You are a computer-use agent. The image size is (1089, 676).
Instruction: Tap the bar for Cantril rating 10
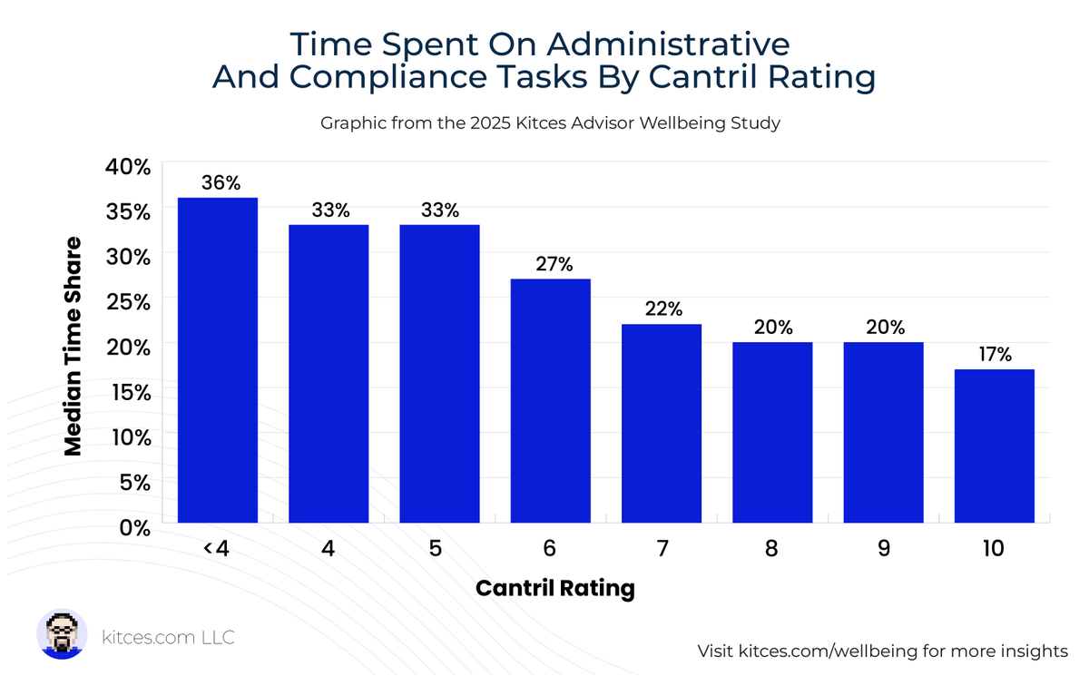[x=995, y=446]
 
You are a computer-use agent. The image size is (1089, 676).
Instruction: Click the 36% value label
[x=221, y=182]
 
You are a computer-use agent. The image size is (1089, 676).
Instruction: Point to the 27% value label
[x=554, y=264]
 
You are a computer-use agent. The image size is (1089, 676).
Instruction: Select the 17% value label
[x=995, y=355]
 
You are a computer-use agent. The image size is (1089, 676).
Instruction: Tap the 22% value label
[x=663, y=309]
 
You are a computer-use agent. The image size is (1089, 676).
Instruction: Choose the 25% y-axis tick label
[x=128, y=301]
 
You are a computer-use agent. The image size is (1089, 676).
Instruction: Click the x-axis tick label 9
[x=883, y=550]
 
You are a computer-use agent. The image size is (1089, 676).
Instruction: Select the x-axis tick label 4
[x=329, y=550]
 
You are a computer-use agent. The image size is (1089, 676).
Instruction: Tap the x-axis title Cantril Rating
[x=554, y=588]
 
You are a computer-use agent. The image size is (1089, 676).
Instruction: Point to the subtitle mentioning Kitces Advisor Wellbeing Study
[x=550, y=122]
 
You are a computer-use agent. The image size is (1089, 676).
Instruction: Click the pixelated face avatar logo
[x=62, y=634]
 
